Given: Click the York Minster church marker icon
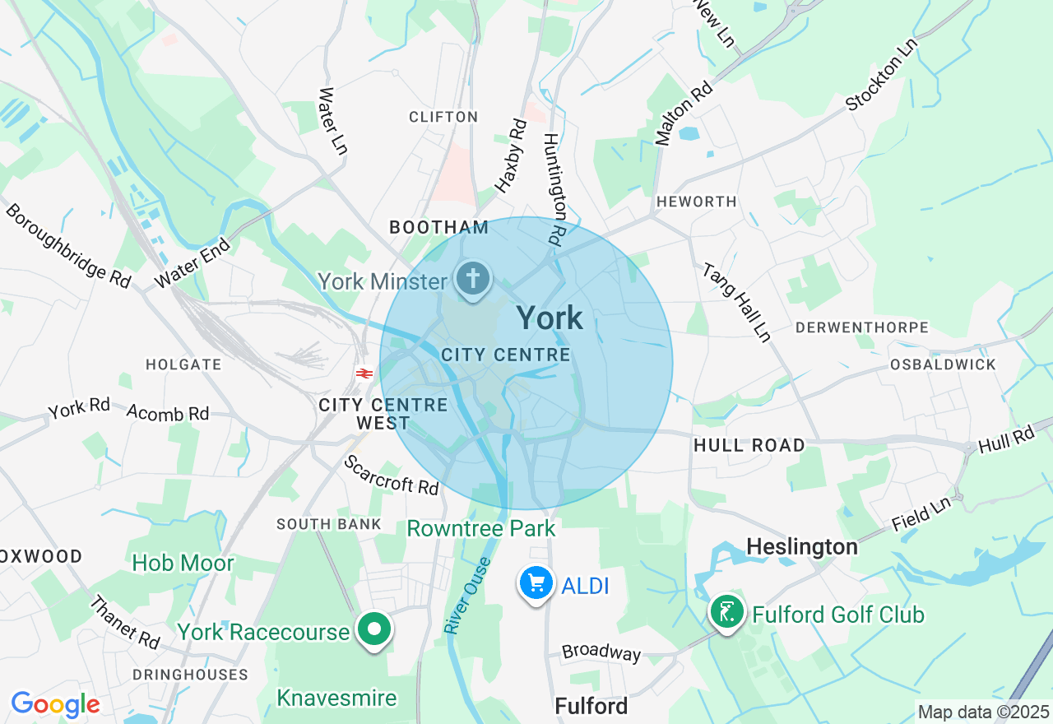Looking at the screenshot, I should pos(473,279).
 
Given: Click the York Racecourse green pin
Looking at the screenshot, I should pos(374,630).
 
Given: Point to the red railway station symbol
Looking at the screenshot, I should pos(365,374).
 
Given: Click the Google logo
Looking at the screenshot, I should pos(55,704).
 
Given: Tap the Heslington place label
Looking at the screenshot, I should pos(801,546).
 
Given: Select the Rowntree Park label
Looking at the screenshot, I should pos(481,528).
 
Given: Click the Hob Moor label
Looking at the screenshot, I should pos(183,564).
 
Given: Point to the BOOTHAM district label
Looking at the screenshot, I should pos(439,227).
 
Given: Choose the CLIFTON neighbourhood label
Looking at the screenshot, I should pos(443,117).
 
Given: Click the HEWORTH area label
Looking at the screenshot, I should pos(696,202).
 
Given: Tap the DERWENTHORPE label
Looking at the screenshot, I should pos(861,327).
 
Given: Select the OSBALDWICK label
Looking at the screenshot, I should pos(943,364).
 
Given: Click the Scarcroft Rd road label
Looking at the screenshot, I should pos(392,476).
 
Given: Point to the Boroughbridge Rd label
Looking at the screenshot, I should pos(67,245).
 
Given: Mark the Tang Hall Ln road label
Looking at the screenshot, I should pos(735,302).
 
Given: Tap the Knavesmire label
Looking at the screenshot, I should pos(336,698).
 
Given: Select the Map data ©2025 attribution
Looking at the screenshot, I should pos(983,712).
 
